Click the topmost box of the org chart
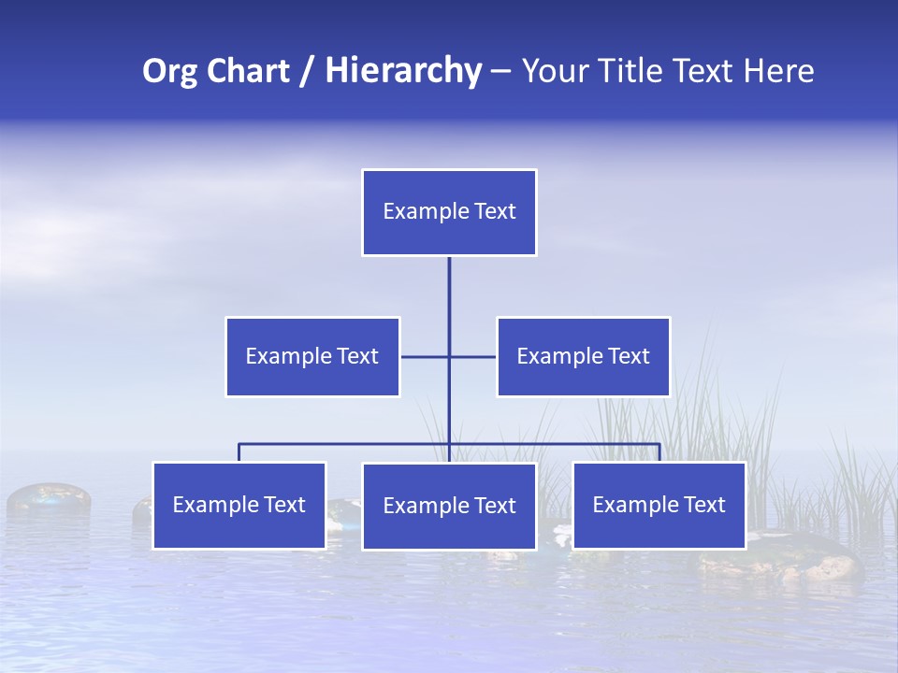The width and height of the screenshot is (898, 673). point(449,212)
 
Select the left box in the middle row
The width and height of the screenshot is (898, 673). point(312,356)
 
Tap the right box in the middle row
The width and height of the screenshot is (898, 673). point(583,356)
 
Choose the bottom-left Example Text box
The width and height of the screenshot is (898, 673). point(239,505)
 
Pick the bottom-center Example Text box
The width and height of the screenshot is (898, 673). point(449,506)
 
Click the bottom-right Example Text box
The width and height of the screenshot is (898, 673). point(659,505)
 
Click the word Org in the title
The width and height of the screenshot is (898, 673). point(169,71)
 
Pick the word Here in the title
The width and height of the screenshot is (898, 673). point(779,71)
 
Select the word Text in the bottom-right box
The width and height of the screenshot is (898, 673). point(703,505)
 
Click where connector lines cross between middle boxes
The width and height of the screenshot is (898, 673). point(449,356)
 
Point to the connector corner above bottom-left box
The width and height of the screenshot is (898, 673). point(239,444)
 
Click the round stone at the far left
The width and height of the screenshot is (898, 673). point(49,498)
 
